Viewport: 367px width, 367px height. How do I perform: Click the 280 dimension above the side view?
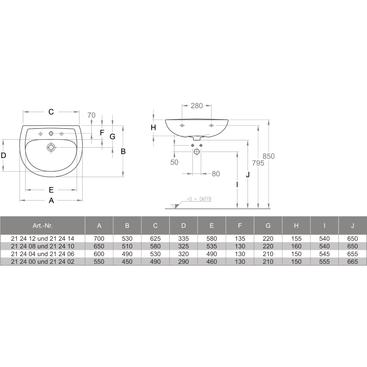197,106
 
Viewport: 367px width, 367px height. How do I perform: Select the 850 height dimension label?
269,156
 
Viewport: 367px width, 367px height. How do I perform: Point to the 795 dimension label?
258,163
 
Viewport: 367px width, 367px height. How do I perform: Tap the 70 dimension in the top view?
91,115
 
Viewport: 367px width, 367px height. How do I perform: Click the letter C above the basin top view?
51,112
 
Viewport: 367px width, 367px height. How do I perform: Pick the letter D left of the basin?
3,155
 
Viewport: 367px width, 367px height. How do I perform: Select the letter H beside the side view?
153,128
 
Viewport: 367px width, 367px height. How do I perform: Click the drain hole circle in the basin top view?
51,148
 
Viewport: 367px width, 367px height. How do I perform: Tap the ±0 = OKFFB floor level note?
199,199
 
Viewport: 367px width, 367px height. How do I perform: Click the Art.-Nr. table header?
43,226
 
